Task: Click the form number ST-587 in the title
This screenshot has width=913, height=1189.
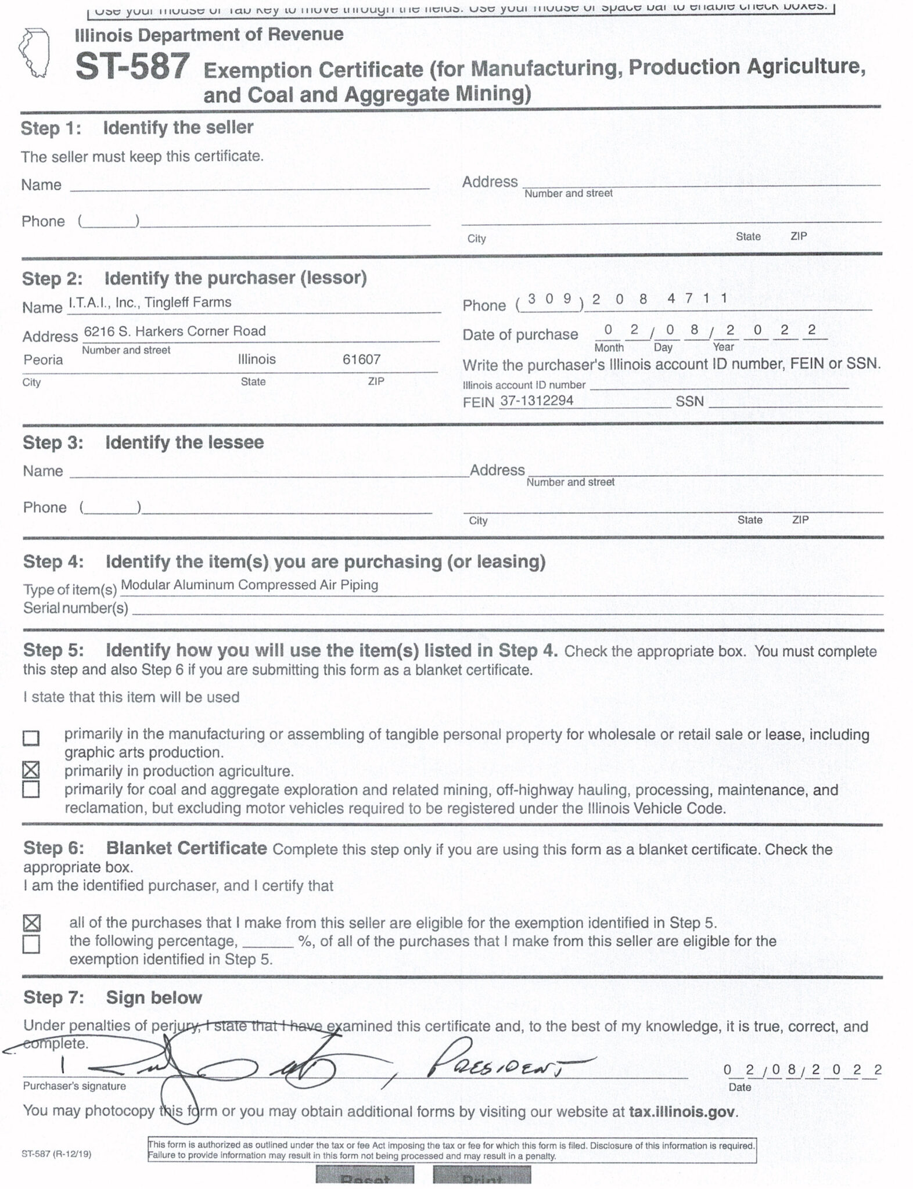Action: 132,67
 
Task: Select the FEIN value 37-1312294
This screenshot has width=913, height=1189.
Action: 537,401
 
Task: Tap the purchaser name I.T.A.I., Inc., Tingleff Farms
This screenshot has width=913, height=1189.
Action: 150,302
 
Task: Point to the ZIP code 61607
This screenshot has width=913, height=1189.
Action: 361,359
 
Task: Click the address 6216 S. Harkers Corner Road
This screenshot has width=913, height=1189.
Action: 175,332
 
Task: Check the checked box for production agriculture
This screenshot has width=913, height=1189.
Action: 31,770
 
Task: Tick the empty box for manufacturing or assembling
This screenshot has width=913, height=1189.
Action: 31,738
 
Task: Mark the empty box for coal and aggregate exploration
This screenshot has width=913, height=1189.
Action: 31,790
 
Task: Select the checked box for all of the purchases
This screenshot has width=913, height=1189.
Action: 31,923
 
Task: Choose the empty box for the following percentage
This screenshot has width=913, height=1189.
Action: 31,944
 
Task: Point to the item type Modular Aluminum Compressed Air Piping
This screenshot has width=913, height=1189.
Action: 249,585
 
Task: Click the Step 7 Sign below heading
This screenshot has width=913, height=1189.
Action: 113,997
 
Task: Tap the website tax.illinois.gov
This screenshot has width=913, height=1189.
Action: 682,1112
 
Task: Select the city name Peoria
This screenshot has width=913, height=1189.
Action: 43,360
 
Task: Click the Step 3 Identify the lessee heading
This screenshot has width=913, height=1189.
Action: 143,442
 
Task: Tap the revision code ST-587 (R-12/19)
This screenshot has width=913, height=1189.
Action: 56,1154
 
